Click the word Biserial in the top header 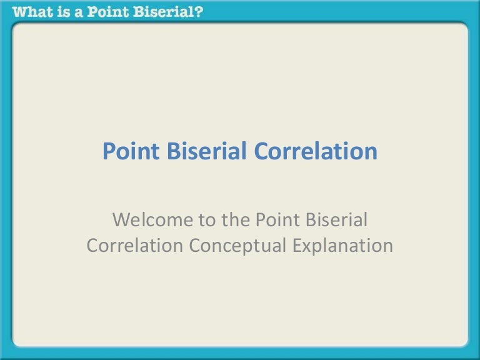(167, 11)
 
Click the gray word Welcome (150, 220)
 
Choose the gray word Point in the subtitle (276, 220)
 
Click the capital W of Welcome (122, 220)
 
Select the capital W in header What (20, 11)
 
